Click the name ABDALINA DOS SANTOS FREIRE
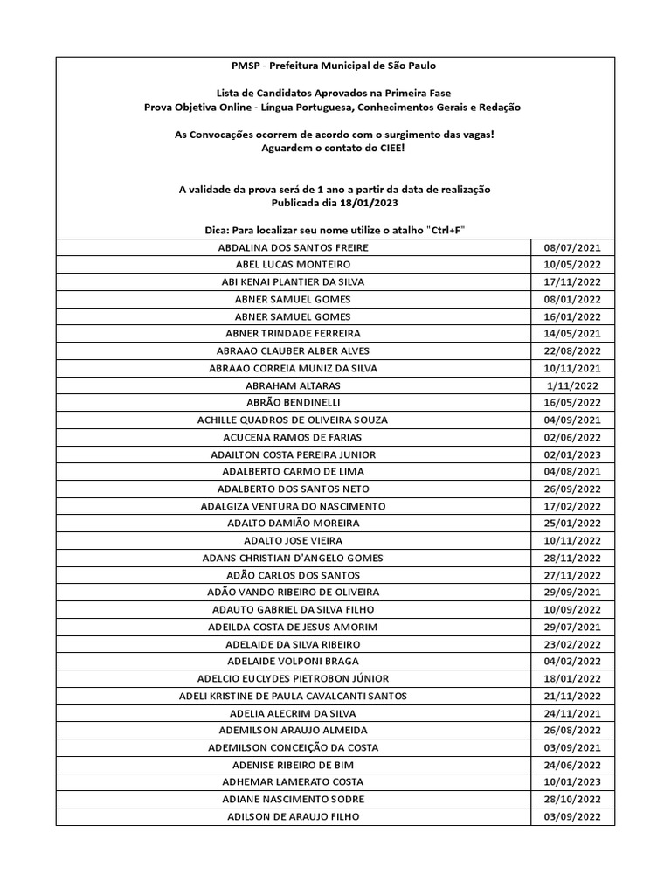click(x=293, y=247)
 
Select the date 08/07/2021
click(x=572, y=247)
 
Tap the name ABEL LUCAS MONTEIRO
click(x=293, y=265)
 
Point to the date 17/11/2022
click(x=572, y=282)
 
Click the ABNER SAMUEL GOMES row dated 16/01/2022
click(x=293, y=316)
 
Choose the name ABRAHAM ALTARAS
click(x=293, y=385)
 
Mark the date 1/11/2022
click(x=572, y=385)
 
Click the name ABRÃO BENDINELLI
click(x=293, y=403)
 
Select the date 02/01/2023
click(x=572, y=454)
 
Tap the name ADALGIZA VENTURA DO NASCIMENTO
click(x=293, y=506)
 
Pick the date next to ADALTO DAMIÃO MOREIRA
click(x=572, y=524)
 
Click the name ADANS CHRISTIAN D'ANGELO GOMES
click(x=293, y=558)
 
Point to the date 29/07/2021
click(x=572, y=627)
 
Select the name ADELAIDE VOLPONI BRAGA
click(x=293, y=662)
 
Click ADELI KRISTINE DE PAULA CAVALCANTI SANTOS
click(x=293, y=696)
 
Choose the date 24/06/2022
click(x=572, y=765)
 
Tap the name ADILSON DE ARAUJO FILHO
click(x=293, y=816)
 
